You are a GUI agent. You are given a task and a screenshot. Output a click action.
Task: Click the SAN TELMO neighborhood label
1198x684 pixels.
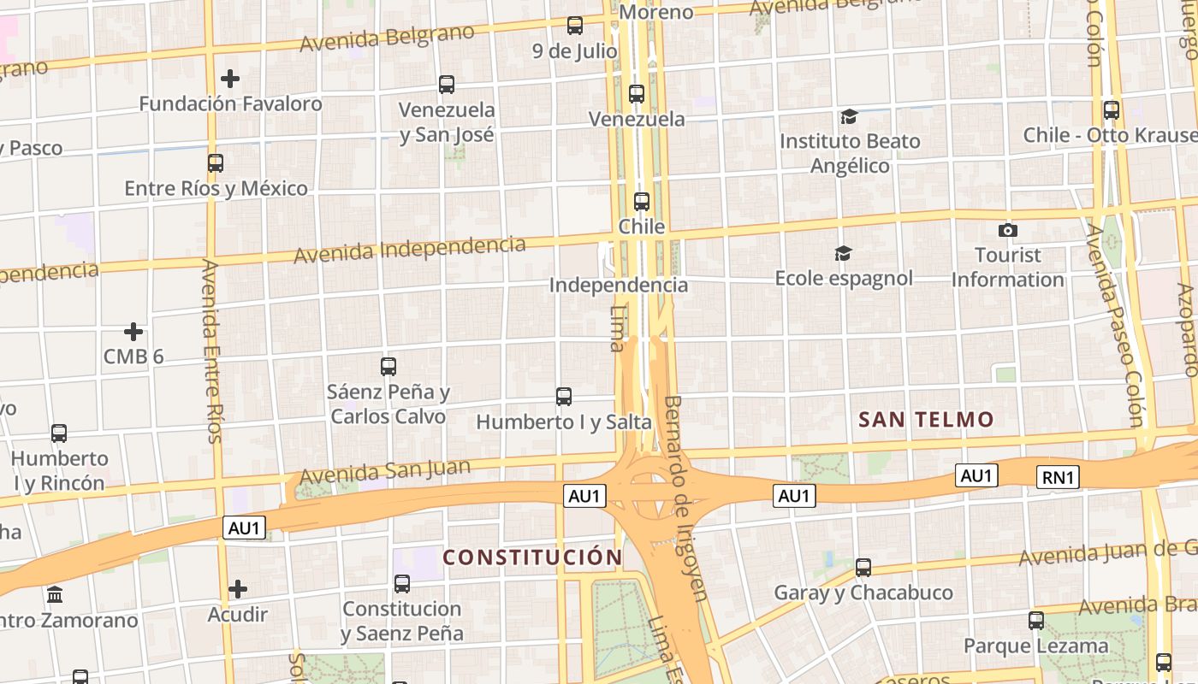[x=926, y=419]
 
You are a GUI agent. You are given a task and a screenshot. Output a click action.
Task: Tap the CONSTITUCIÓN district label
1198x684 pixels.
[x=532, y=557]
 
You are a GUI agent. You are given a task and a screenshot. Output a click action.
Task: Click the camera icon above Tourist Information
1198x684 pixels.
[x=1008, y=230]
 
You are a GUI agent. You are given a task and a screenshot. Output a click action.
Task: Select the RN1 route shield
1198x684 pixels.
[x=1058, y=477]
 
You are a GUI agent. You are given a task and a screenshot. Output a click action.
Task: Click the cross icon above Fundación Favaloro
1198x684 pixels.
[x=229, y=79]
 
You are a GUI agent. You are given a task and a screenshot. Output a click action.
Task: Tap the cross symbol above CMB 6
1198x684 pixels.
[x=133, y=332]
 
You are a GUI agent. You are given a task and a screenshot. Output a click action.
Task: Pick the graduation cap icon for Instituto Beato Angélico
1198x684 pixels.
[x=849, y=116]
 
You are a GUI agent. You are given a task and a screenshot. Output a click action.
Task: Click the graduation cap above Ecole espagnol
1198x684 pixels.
[x=843, y=253]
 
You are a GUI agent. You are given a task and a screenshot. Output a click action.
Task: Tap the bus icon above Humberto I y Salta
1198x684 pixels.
[x=563, y=397]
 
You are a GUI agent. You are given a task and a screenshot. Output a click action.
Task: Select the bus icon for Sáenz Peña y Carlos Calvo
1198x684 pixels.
[x=388, y=367]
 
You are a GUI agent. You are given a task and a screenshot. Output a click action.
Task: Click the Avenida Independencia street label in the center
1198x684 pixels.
[x=409, y=249]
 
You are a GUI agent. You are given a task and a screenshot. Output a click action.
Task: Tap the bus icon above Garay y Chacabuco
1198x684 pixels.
[x=863, y=567]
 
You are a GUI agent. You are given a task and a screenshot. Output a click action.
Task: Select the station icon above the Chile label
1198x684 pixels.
[x=642, y=202]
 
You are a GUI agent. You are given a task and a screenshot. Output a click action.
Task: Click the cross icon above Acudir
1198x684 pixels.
[x=238, y=589]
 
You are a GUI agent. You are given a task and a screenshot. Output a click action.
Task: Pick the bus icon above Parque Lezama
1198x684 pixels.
[x=1036, y=621]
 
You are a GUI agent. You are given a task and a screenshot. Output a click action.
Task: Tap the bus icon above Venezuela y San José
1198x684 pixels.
[x=447, y=85]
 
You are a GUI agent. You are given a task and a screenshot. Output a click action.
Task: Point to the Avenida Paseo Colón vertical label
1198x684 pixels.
[x=1114, y=325]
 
